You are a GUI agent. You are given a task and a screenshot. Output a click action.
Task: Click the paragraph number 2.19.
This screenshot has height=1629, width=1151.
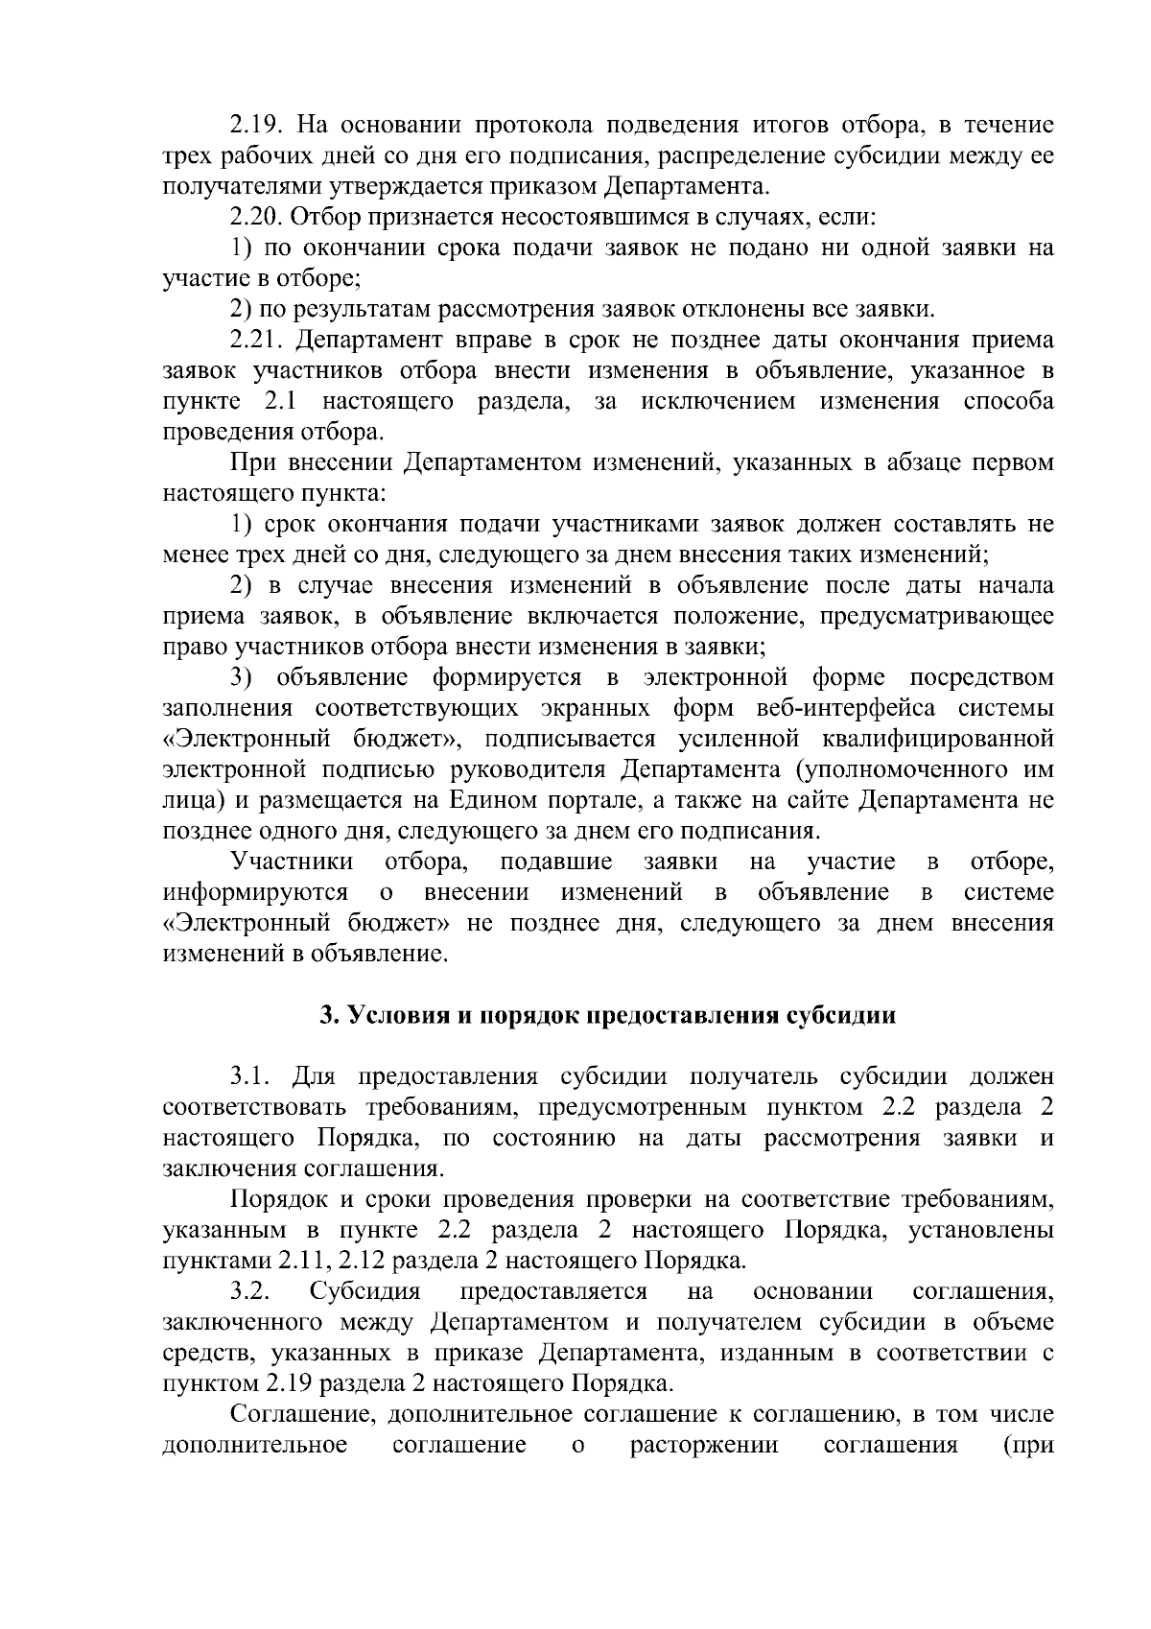[x=257, y=125]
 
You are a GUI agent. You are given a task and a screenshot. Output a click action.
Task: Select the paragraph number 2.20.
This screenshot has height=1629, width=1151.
[x=257, y=217]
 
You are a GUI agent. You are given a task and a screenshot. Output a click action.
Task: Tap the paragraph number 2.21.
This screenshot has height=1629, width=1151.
[x=257, y=340]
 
